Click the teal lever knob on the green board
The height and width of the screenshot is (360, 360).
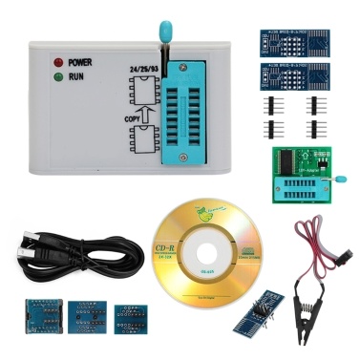pos(336,178)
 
